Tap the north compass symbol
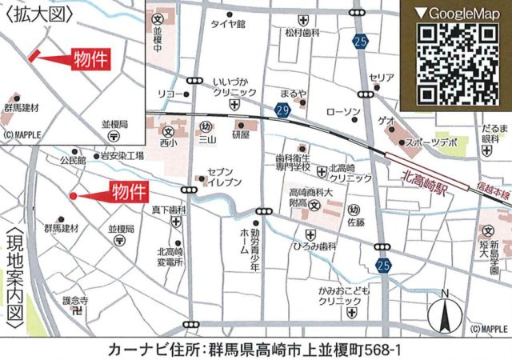(447, 311)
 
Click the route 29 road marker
(282, 107)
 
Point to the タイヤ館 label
(227, 24)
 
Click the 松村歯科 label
(302, 33)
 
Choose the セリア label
(382, 78)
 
